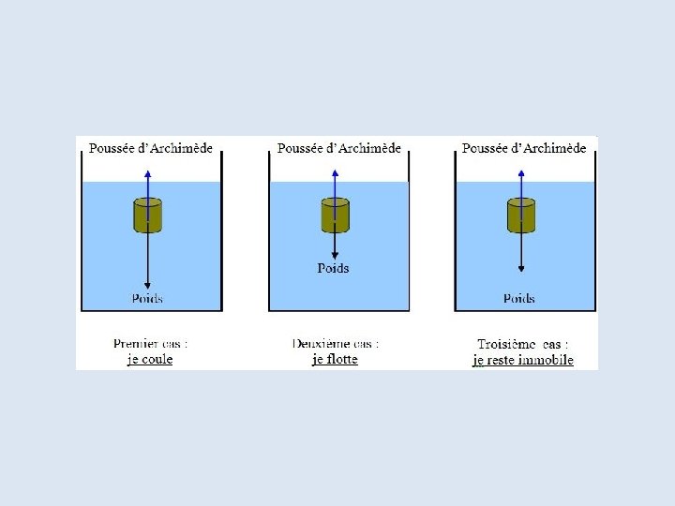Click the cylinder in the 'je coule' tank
pyautogui.click(x=148, y=216)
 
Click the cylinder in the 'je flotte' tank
pyautogui.click(x=335, y=216)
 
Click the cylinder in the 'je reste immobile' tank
pyautogui.click(x=520, y=216)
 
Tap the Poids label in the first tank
pyautogui.click(x=147, y=298)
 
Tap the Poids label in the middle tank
pyautogui.click(x=333, y=268)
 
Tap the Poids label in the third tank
pyautogui.click(x=518, y=298)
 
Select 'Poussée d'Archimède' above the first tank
pyautogui.click(x=150, y=148)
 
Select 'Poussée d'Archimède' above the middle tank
pyautogui.click(x=339, y=148)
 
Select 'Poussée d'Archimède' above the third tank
pyautogui.click(x=524, y=148)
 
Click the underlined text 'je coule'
pyautogui.click(x=150, y=359)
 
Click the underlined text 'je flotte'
pyautogui.click(x=336, y=359)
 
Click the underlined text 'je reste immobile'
pyautogui.click(x=523, y=360)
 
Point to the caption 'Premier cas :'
pyautogui.click(x=148, y=344)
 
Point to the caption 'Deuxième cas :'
pyautogui.click(x=336, y=344)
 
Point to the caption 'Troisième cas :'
pyautogui.click(x=522, y=344)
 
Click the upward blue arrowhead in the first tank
pyautogui.click(x=148, y=174)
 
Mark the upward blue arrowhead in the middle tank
pyautogui.click(x=335, y=174)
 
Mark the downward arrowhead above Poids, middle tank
pyautogui.click(x=335, y=254)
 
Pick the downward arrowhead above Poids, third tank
pyautogui.click(x=520, y=269)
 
